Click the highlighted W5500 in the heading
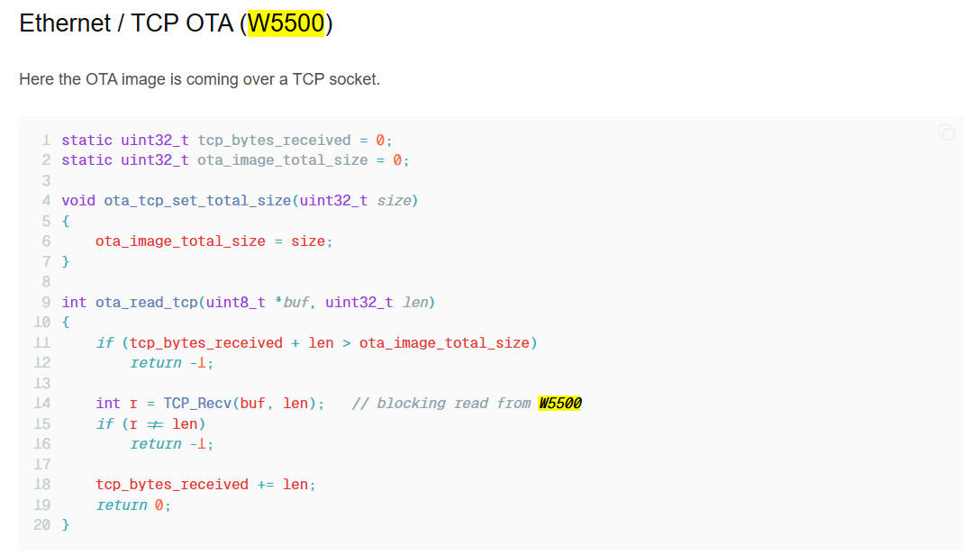point(286,23)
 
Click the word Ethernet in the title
point(65,23)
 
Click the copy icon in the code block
point(946,132)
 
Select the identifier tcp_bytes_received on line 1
point(274,141)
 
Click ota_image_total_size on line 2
point(283,160)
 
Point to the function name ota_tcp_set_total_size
point(197,201)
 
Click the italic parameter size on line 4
point(394,201)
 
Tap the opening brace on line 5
point(66,221)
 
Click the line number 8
point(46,282)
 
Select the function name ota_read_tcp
point(146,303)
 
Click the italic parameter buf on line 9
point(295,303)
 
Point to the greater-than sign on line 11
point(347,343)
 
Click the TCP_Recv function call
point(197,404)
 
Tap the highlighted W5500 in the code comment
point(559,404)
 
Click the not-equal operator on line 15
point(155,424)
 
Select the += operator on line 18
point(266,485)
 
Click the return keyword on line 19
point(122,505)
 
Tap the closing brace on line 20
point(66,525)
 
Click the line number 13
point(42,383)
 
